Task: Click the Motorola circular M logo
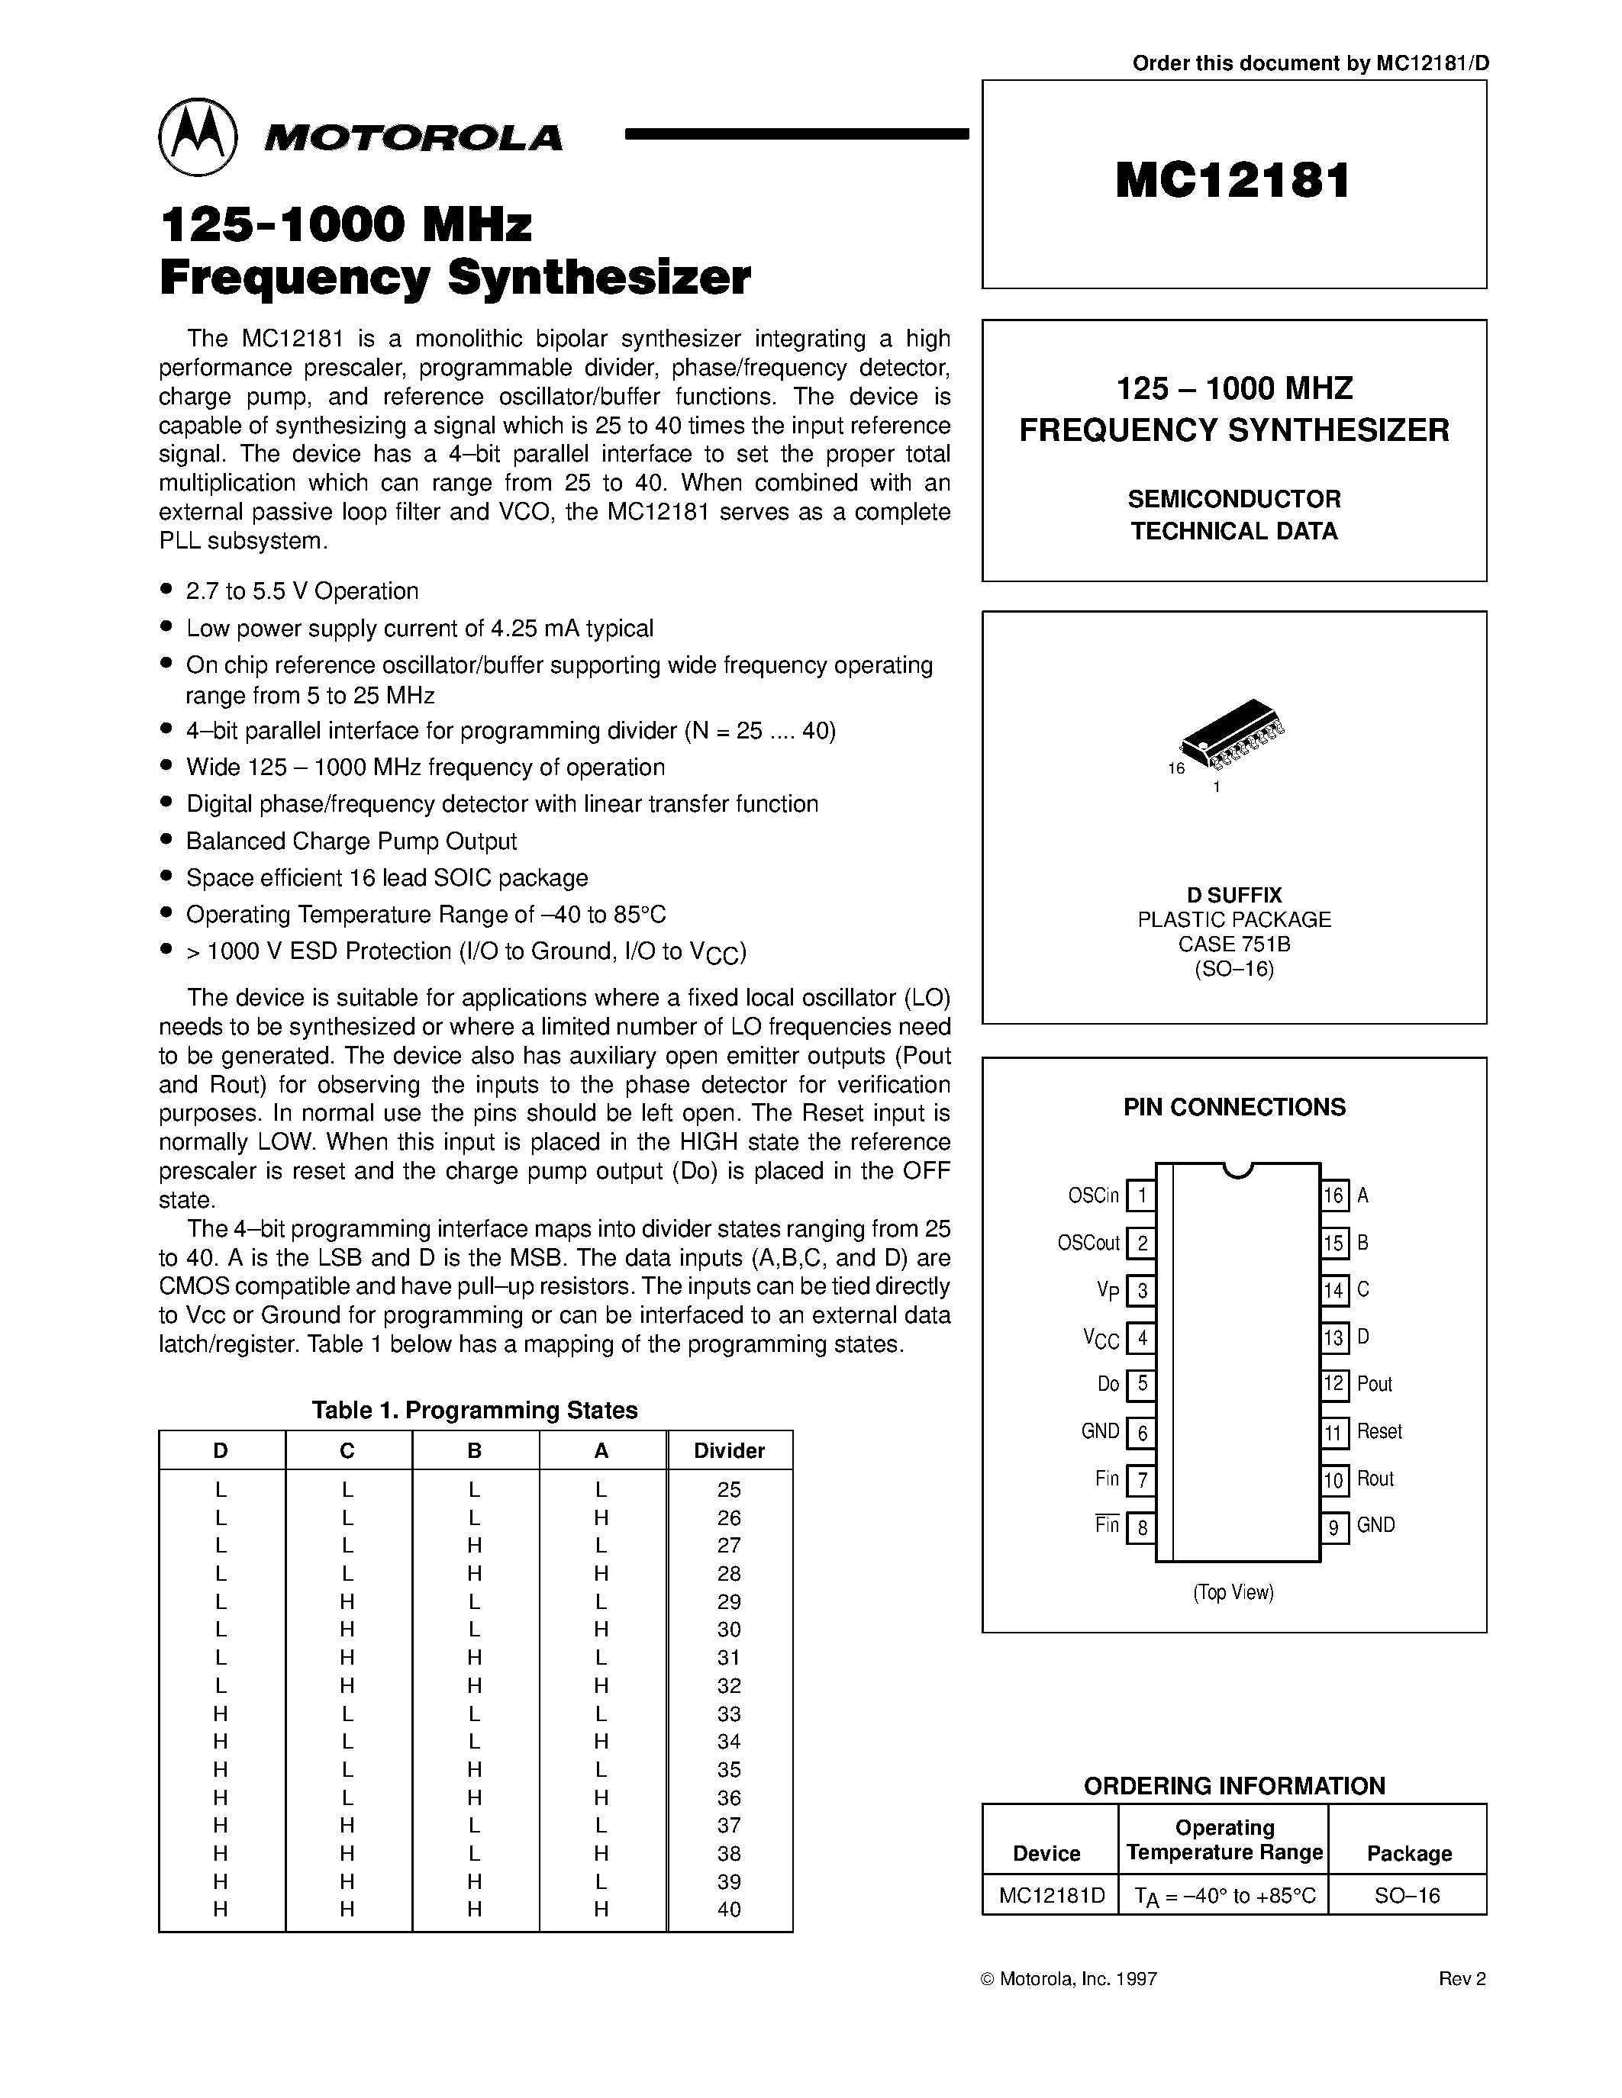(x=197, y=137)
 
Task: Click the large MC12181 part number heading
(x=1233, y=181)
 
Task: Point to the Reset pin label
(x=1379, y=1431)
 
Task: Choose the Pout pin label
(x=1374, y=1384)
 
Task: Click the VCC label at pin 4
(x=1101, y=1338)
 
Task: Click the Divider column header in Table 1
(x=729, y=1450)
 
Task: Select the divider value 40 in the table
(x=729, y=1910)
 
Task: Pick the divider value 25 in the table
(x=729, y=1490)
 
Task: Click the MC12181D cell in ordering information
(x=1051, y=1895)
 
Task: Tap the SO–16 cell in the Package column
(x=1408, y=1895)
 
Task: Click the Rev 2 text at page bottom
(x=1462, y=1979)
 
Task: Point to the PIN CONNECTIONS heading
(x=1233, y=1108)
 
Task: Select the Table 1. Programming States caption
(x=475, y=1410)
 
